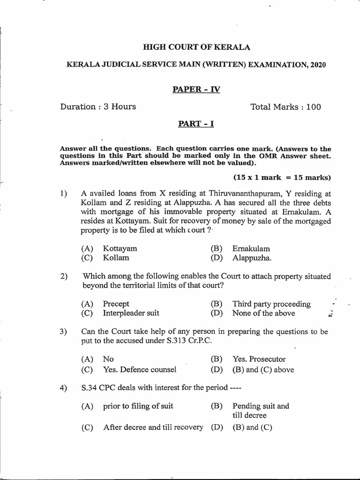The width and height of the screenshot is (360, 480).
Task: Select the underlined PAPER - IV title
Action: (x=189, y=89)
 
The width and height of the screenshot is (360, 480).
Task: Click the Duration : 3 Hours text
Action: (x=98, y=107)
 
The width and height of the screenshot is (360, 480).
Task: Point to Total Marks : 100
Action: (x=286, y=107)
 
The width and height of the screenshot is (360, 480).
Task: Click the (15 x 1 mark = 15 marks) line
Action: (x=282, y=177)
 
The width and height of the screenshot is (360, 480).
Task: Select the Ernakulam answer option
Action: (x=251, y=248)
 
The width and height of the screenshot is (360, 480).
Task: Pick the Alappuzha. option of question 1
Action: (x=252, y=257)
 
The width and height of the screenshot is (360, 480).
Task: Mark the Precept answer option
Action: (x=116, y=304)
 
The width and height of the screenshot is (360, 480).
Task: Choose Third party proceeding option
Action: (x=271, y=304)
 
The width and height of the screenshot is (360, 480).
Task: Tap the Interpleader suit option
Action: (x=131, y=313)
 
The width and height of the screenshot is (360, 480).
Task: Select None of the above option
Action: (x=264, y=313)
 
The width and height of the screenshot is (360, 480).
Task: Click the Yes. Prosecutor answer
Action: (x=259, y=359)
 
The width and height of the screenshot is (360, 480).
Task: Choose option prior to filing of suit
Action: (x=138, y=406)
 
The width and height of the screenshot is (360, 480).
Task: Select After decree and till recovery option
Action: (x=153, y=427)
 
